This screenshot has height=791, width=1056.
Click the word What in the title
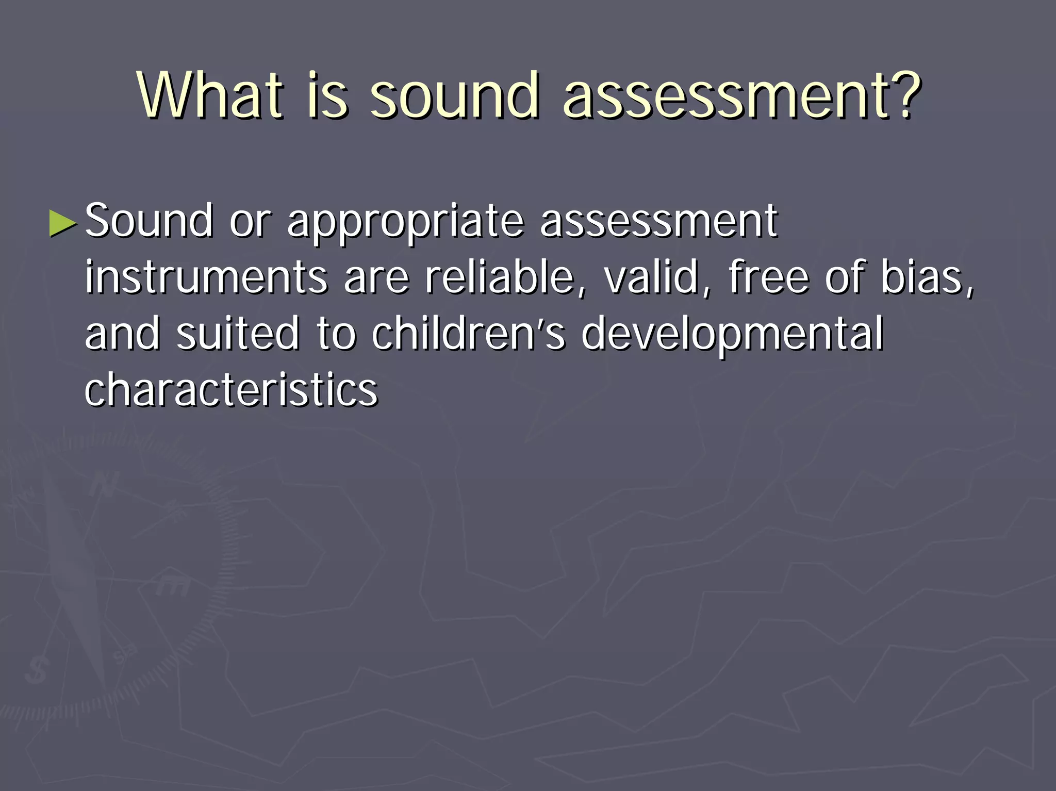(210, 95)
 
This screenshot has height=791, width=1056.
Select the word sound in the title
(455, 95)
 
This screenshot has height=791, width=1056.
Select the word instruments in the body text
(206, 277)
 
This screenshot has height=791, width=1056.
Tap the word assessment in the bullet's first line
(658, 222)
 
